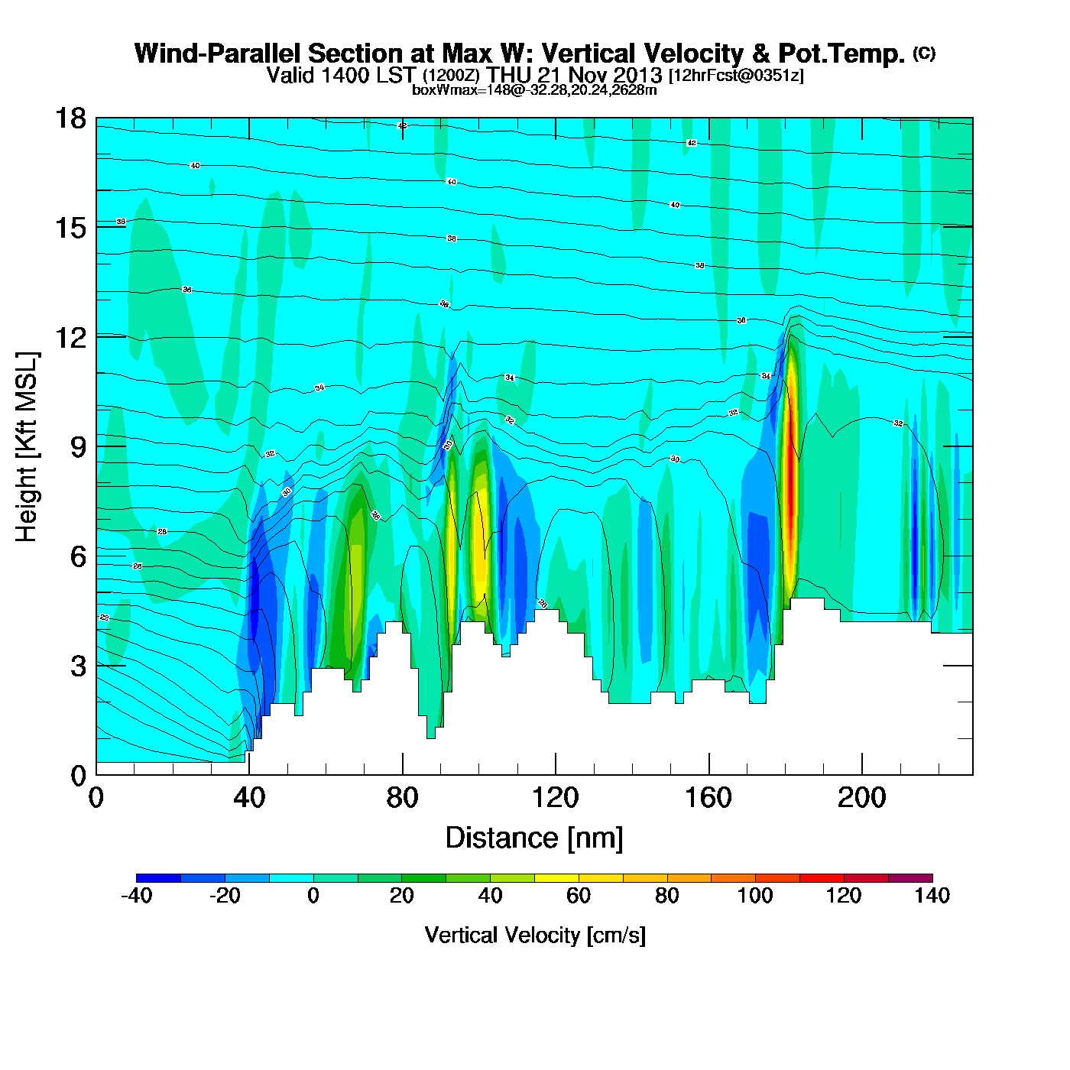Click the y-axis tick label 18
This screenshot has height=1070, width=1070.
70,118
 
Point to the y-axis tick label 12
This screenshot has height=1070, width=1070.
70,337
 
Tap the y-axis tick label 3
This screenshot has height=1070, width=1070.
78,666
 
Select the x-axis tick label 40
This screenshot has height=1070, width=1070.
249,798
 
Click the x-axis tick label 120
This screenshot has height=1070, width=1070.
556,798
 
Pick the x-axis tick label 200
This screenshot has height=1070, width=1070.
862,798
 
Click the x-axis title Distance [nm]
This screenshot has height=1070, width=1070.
534,838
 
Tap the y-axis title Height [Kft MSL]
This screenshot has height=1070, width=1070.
27,447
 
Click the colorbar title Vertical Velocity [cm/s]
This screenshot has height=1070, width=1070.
535,935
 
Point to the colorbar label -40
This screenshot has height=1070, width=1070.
136,896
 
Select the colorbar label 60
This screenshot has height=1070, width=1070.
579,896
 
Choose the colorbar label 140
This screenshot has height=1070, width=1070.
932,896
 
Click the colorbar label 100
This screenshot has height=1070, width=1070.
755,896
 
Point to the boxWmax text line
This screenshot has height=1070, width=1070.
534,89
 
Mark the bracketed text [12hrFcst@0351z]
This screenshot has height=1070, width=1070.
736,75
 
